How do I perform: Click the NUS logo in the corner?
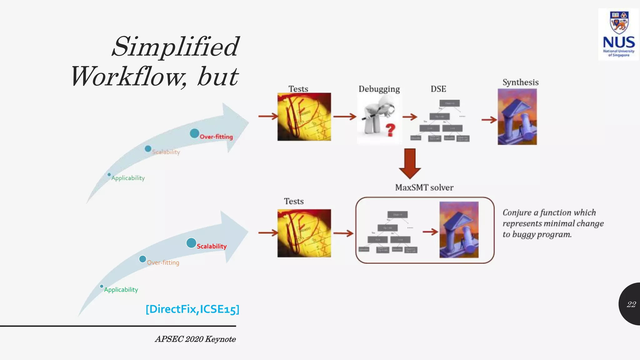coord(618,34)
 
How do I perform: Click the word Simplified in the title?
coord(176,47)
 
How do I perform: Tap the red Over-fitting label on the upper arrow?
coord(216,137)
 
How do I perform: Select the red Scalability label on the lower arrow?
coord(212,246)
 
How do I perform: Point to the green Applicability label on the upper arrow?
coord(128,178)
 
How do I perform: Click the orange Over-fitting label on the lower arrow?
coord(163,262)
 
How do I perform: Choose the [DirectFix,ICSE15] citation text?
coord(192,309)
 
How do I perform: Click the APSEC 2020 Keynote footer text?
coord(195,339)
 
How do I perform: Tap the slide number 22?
coord(631,304)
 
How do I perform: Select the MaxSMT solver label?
coord(424,187)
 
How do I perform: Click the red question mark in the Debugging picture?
coord(390,130)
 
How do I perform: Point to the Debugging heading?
coord(379,89)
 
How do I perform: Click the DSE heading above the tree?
coord(438,89)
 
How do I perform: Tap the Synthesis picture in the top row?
coord(517,117)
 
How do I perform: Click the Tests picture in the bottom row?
coord(304,233)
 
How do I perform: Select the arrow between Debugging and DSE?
coord(410,117)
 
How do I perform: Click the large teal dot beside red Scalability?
coord(191,243)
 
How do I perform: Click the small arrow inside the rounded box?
coord(430,232)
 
